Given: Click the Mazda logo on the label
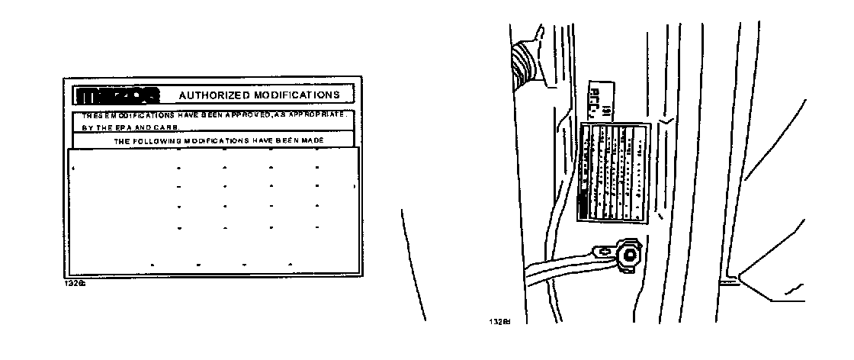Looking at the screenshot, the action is pos(117,95).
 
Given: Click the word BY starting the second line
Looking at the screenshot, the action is pos(86,127).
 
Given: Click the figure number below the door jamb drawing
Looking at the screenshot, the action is pos(498,321).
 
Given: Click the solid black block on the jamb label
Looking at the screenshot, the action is pos(583,206).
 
